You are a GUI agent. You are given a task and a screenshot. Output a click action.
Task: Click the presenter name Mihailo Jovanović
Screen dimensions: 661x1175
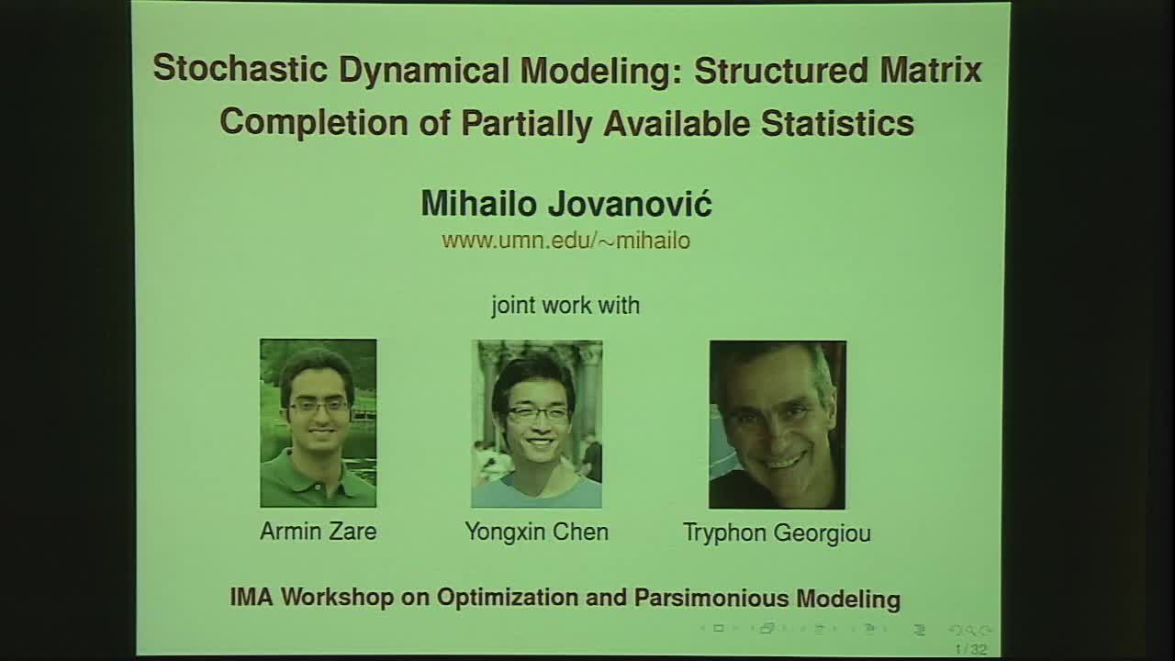[565, 204]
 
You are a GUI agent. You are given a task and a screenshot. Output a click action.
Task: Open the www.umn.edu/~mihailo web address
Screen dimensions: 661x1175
[565, 241]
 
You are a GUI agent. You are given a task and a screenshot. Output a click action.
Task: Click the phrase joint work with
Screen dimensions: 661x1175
[565, 305]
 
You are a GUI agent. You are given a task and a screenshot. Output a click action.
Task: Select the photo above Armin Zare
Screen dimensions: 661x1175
[318, 422]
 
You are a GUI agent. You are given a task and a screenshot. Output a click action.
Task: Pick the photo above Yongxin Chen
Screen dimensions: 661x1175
[536, 423]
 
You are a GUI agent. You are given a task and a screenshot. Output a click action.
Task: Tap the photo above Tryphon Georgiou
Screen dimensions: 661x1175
[777, 424]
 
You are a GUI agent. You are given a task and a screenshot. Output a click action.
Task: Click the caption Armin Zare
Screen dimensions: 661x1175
[318, 532]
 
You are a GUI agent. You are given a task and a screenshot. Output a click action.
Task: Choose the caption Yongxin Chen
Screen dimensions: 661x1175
[536, 532]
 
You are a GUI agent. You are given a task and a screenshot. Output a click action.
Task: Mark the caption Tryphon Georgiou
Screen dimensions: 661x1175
[777, 533]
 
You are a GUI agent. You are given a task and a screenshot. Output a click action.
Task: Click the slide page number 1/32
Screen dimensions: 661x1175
[970, 650]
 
